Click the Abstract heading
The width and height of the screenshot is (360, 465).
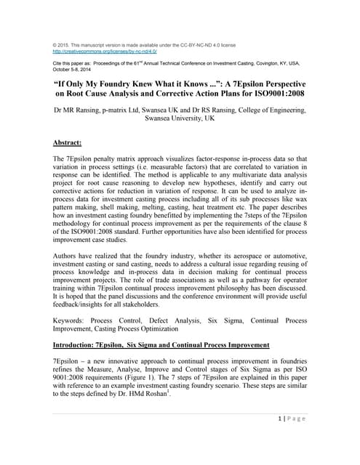coord(71,143)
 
